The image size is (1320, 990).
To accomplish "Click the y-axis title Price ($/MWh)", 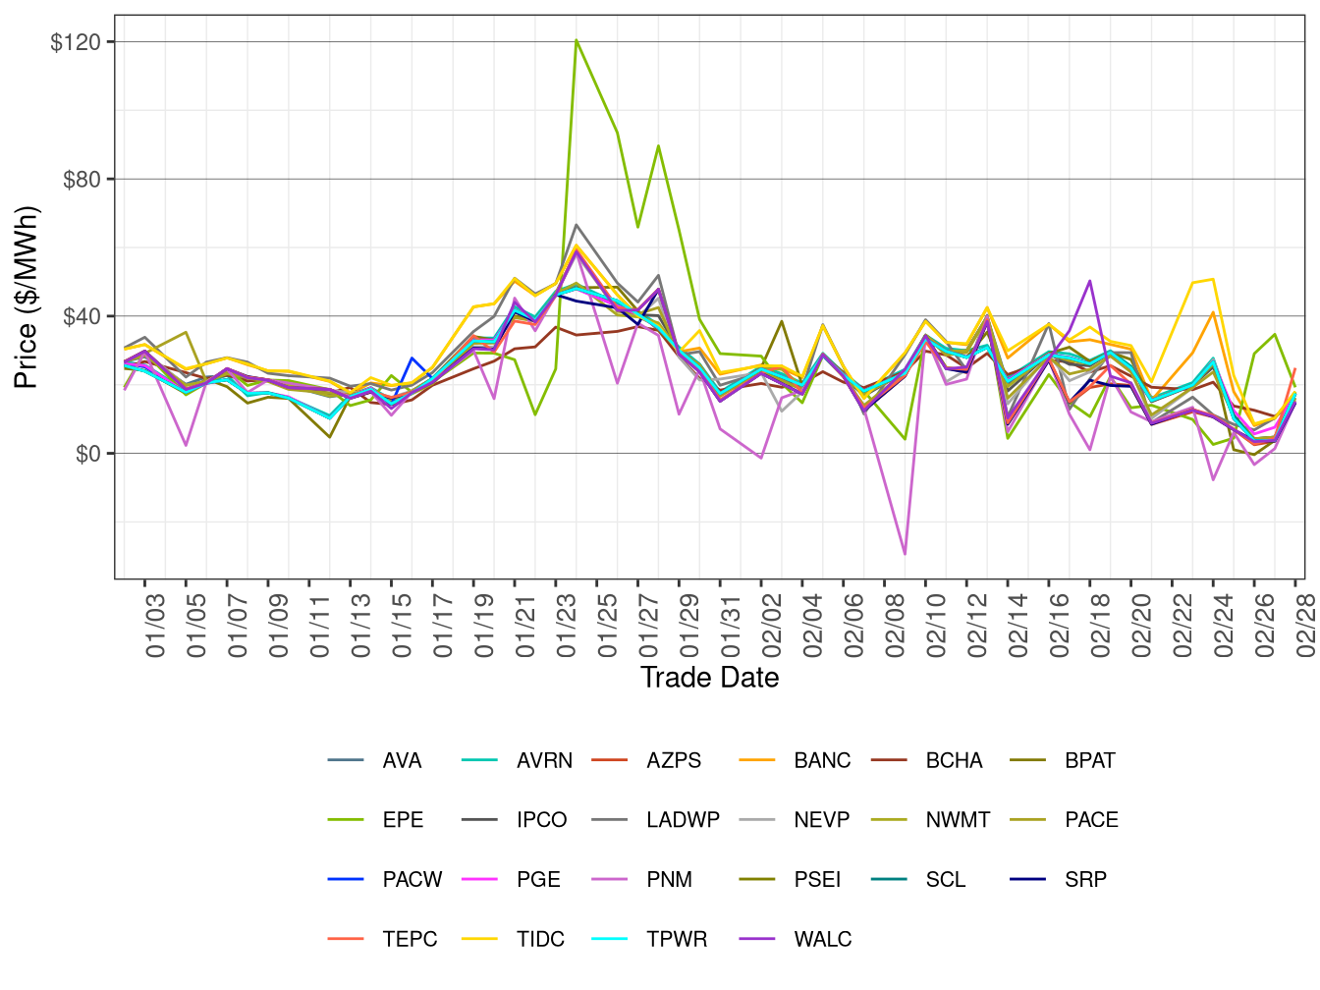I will point(26,297).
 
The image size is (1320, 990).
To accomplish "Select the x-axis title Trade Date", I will point(709,678).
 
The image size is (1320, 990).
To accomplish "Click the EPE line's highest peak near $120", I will point(577,40).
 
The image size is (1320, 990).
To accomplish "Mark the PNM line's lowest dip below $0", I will point(904,554).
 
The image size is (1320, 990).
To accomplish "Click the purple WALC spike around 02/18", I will point(1090,281).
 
